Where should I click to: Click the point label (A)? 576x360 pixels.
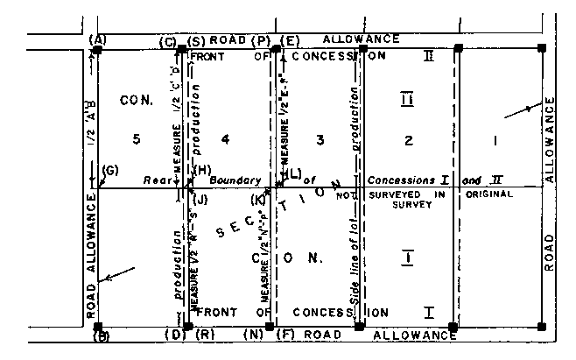pyautogui.click(x=97, y=39)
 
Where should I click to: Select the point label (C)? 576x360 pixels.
pyautogui.click(x=167, y=40)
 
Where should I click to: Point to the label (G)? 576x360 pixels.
pyautogui.click(x=109, y=168)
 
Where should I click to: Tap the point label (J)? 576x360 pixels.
pyautogui.click(x=200, y=200)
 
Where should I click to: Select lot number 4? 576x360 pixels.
pyautogui.click(x=226, y=138)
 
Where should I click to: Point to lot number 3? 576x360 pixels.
pyautogui.click(x=320, y=138)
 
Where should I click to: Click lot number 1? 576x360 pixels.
pyautogui.click(x=496, y=138)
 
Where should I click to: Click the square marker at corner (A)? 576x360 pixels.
pyautogui.click(x=97, y=50)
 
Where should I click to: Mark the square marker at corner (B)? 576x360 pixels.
pyautogui.click(x=97, y=326)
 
